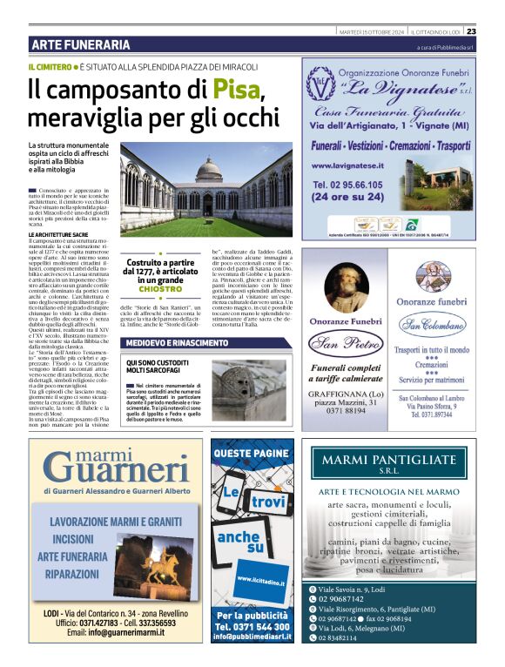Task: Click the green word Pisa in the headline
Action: point(237,90)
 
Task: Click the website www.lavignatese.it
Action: point(347,165)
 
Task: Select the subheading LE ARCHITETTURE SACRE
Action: point(57,235)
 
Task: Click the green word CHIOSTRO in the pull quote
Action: point(159,289)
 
